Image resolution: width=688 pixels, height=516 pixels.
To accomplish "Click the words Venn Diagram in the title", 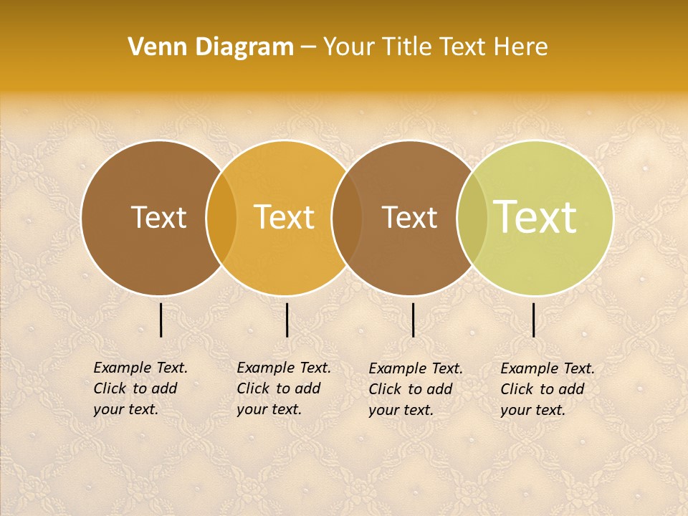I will click(x=211, y=47).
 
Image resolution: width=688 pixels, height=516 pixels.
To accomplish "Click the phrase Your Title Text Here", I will click(x=435, y=47).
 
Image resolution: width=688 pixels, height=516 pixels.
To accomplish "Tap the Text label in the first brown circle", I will click(x=158, y=217).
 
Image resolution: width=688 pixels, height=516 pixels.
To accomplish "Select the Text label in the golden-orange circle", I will click(x=285, y=217).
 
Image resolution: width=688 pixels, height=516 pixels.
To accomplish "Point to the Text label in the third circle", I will click(x=410, y=217).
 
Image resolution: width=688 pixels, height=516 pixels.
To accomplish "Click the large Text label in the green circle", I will click(x=535, y=217).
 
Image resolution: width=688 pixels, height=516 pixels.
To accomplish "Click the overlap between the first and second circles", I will click(x=221, y=218).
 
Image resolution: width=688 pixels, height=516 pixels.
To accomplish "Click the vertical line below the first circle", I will click(x=161, y=320).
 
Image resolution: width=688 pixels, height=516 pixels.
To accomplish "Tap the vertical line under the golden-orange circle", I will click(x=287, y=320).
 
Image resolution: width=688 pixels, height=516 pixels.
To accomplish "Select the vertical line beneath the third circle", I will click(x=414, y=320).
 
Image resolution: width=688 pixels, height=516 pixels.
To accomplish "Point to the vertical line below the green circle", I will click(x=534, y=320).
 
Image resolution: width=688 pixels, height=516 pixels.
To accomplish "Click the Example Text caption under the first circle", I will click(x=140, y=388).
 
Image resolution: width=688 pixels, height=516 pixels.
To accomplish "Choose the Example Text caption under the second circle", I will click(x=283, y=388).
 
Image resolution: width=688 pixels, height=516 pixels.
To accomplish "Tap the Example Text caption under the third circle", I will click(x=415, y=389).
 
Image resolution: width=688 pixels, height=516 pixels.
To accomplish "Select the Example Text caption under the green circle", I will click(x=547, y=389).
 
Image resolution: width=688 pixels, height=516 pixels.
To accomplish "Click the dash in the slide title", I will click(x=308, y=48).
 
